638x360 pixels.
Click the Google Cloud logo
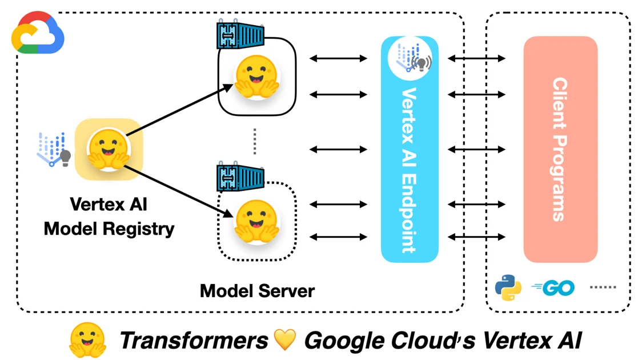click(x=38, y=33)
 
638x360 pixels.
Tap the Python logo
click(x=508, y=287)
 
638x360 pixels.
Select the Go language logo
click(x=553, y=288)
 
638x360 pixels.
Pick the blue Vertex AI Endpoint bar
click(x=410, y=166)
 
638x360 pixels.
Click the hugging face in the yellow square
click(x=109, y=150)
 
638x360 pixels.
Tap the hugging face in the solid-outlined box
click(x=257, y=76)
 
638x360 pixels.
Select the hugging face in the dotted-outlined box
click(x=257, y=221)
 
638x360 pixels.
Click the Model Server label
click(x=257, y=291)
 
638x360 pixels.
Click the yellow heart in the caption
click(x=285, y=339)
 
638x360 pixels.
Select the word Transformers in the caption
click(x=194, y=341)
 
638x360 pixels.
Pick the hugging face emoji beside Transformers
click(x=87, y=340)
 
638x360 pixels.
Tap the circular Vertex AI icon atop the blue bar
click(x=410, y=57)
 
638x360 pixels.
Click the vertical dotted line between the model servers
click(x=255, y=141)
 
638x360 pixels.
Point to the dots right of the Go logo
click(x=603, y=287)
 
